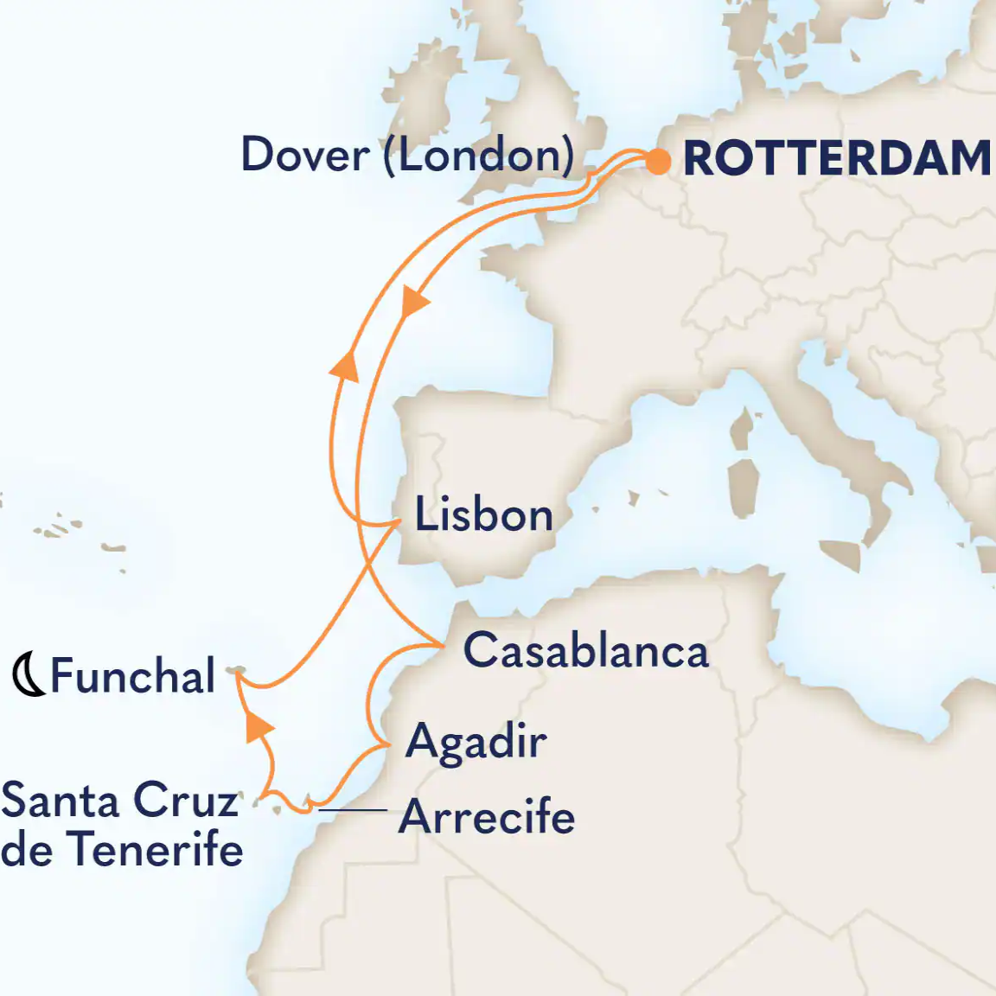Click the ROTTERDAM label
pos(837,159)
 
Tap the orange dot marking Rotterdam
pos(658,162)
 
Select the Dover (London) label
pos(407,156)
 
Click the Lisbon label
pos(483,515)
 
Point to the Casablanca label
pos(585,651)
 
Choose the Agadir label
pos(476,742)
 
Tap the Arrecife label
pos(487,817)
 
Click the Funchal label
pos(132,675)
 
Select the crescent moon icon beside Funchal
pos(29,675)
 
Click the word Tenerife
pos(156,849)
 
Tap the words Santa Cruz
pos(119,801)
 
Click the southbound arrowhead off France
pos(414,302)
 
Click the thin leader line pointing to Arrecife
pos(353,810)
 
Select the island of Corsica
pos(741,429)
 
